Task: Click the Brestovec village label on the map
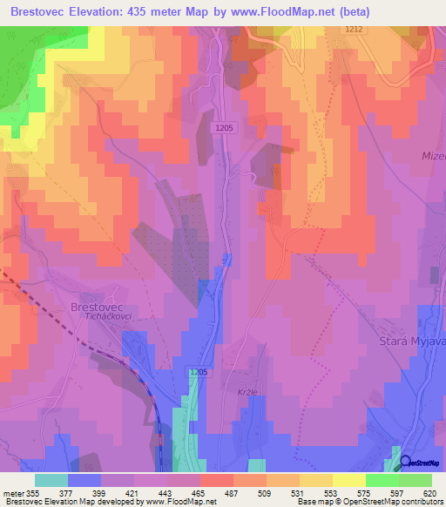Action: [99, 307]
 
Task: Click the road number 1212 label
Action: [352, 29]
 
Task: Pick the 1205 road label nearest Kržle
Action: [198, 372]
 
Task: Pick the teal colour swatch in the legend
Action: [51, 480]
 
